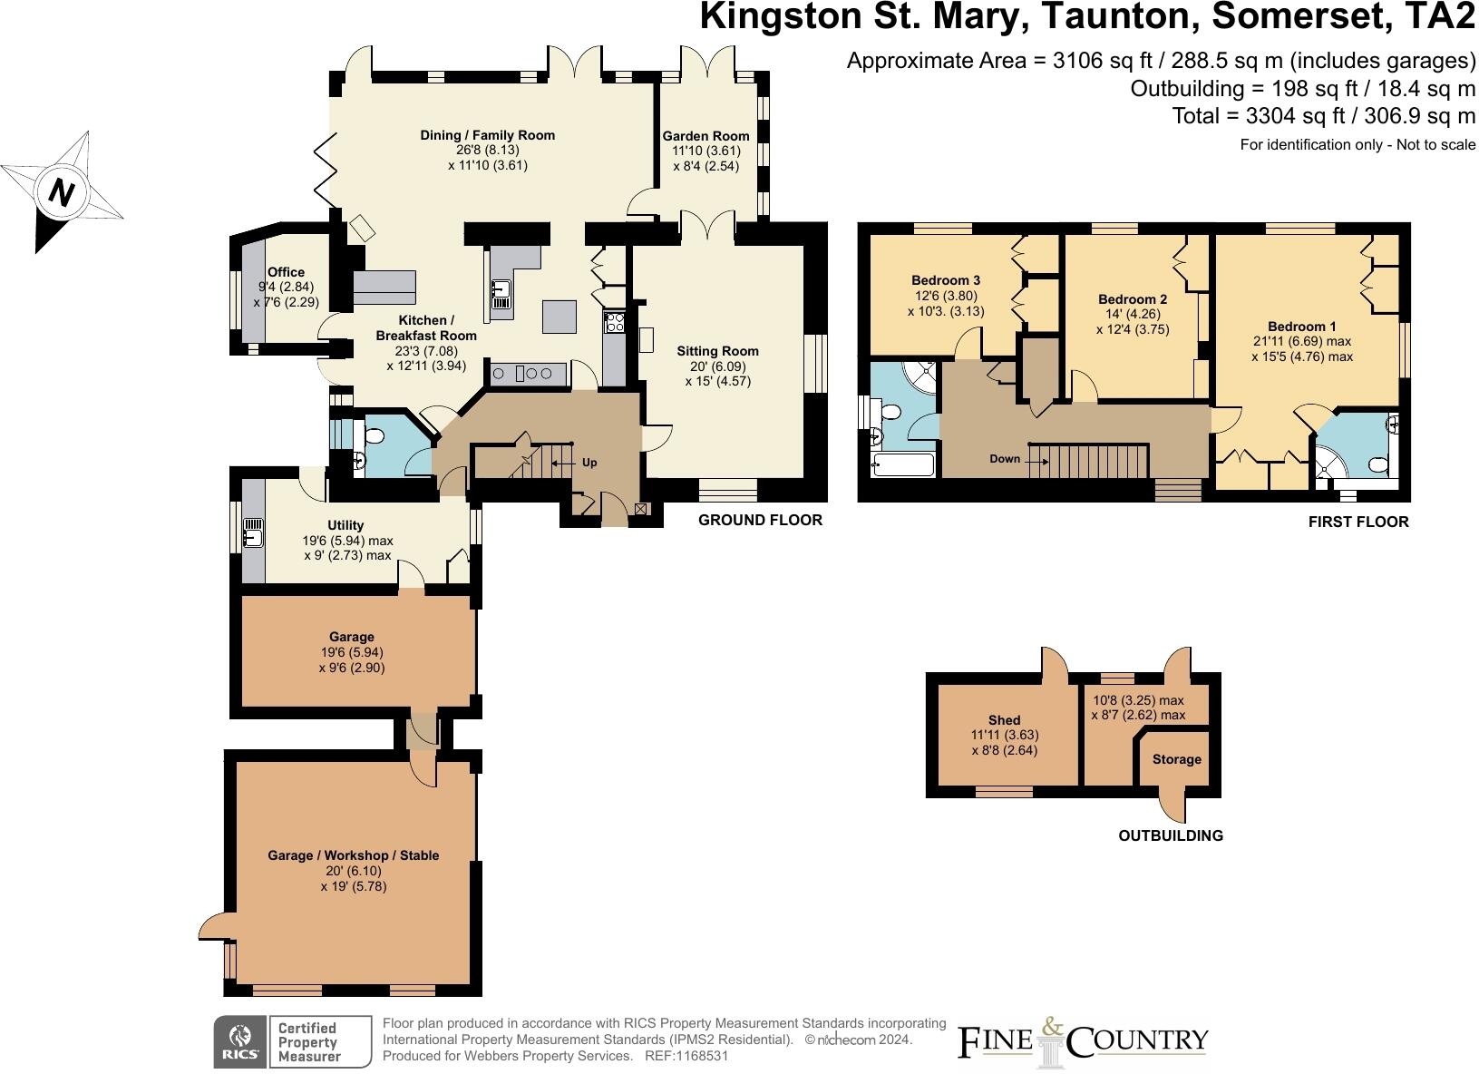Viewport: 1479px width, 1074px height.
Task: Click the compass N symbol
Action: point(62,192)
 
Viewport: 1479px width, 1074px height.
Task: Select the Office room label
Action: point(286,272)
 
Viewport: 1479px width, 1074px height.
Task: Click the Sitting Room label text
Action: point(717,351)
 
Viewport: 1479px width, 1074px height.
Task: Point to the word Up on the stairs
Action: point(589,463)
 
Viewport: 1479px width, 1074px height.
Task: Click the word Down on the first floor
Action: point(1005,459)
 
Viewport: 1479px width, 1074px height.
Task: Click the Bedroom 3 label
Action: point(946,280)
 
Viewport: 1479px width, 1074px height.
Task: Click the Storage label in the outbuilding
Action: point(1176,759)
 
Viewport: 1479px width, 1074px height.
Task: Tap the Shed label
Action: point(1004,719)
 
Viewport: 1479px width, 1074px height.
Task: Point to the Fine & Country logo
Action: point(1084,1040)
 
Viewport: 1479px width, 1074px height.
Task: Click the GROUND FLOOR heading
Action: point(760,520)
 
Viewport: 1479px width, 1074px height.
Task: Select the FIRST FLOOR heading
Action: point(1358,522)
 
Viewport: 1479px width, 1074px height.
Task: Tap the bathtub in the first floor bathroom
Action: point(902,465)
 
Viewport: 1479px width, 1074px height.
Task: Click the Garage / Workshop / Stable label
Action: point(353,855)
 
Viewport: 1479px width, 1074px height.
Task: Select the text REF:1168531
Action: point(686,1056)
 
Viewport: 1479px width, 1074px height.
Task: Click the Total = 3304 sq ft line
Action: point(1324,116)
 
